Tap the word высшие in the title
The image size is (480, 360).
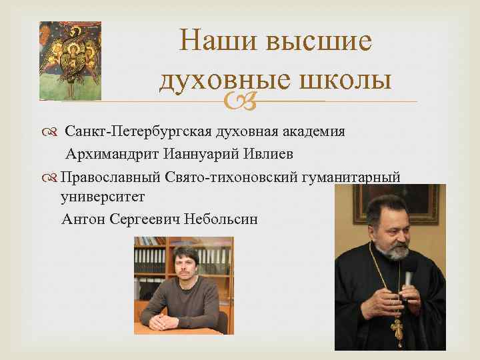tap(313, 43)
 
